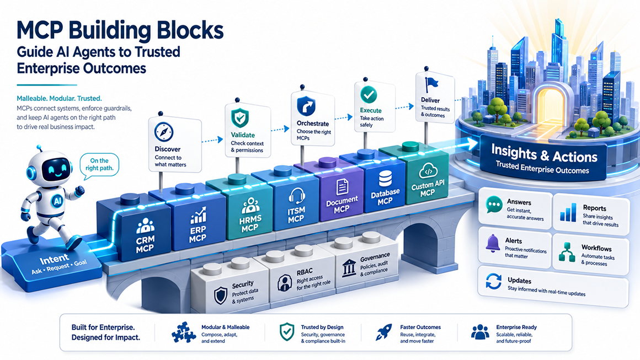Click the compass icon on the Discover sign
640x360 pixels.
pos(164,132)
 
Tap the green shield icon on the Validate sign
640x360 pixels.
pos(240,118)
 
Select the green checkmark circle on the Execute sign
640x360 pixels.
pos(369,95)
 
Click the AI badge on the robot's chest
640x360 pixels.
pos(57,201)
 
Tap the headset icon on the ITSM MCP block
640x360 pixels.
pos(296,196)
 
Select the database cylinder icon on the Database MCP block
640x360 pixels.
pos(385,178)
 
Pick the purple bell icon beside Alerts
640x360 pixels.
pos(493,243)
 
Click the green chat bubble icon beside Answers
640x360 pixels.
pos(494,204)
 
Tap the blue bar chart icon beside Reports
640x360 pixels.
pos(568,212)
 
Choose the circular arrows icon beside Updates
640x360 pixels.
pos(493,281)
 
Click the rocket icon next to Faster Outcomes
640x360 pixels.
pos(383,332)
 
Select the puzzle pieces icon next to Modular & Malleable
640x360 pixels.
pos(183,332)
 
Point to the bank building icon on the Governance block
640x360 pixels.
pos(349,268)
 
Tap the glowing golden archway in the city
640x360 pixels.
pos(551,108)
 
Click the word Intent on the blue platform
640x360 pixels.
pos(54,259)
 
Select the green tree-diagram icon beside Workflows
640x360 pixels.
pos(567,252)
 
